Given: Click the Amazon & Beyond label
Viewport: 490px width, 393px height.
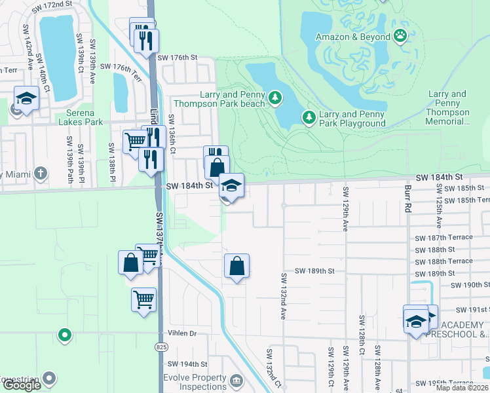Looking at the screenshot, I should (352, 37).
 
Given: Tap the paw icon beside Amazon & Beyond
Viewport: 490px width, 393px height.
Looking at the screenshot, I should (400, 37).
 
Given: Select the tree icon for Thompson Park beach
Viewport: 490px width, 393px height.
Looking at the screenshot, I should (276, 98).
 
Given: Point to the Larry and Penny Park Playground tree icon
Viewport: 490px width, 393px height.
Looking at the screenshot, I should (309, 118).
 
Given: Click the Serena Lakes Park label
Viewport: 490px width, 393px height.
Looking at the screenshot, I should (81, 117).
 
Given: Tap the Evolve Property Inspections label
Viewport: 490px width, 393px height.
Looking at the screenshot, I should (194, 383).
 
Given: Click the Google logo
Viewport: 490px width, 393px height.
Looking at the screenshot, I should (22, 385).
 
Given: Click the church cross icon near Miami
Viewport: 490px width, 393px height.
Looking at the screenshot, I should (41, 173).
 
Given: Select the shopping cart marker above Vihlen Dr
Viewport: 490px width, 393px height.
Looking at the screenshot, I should (143, 299).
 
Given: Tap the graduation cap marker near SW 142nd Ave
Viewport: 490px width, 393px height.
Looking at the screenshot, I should (26, 99).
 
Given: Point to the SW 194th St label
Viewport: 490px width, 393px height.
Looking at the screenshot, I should (187, 364).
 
